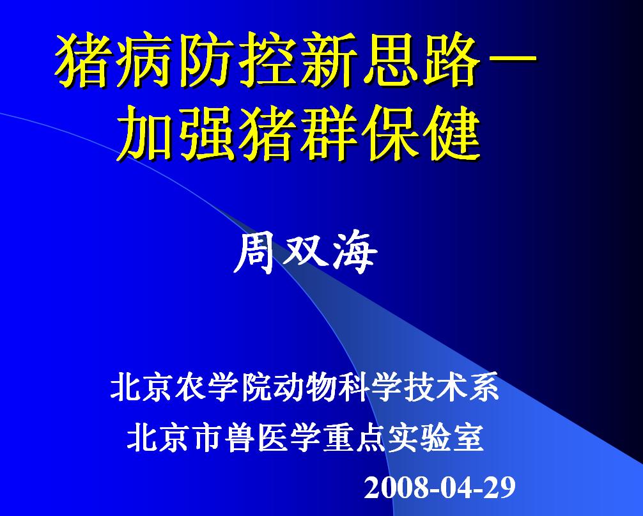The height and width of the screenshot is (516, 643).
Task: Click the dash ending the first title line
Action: [x=513, y=63]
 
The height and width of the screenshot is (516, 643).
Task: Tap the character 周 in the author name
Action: [x=255, y=254]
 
